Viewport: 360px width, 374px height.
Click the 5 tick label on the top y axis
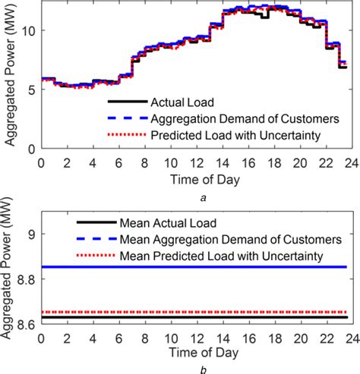(31, 90)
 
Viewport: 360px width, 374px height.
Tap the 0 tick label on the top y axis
(31, 149)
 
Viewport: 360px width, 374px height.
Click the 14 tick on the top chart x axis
(218, 162)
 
